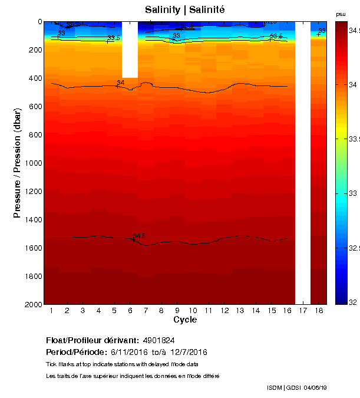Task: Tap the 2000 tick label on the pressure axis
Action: (x=33, y=304)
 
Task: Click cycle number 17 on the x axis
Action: (x=303, y=311)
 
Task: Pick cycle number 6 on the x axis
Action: (x=130, y=311)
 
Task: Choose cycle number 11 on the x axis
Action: (x=209, y=311)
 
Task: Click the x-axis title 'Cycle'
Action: (x=185, y=320)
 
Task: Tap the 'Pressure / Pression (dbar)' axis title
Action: (x=17, y=163)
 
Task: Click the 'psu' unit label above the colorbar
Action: (x=341, y=14)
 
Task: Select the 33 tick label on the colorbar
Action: (x=353, y=193)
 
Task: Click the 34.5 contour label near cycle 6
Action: (x=139, y=236)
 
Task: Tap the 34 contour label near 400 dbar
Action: (x=121, y=83)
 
